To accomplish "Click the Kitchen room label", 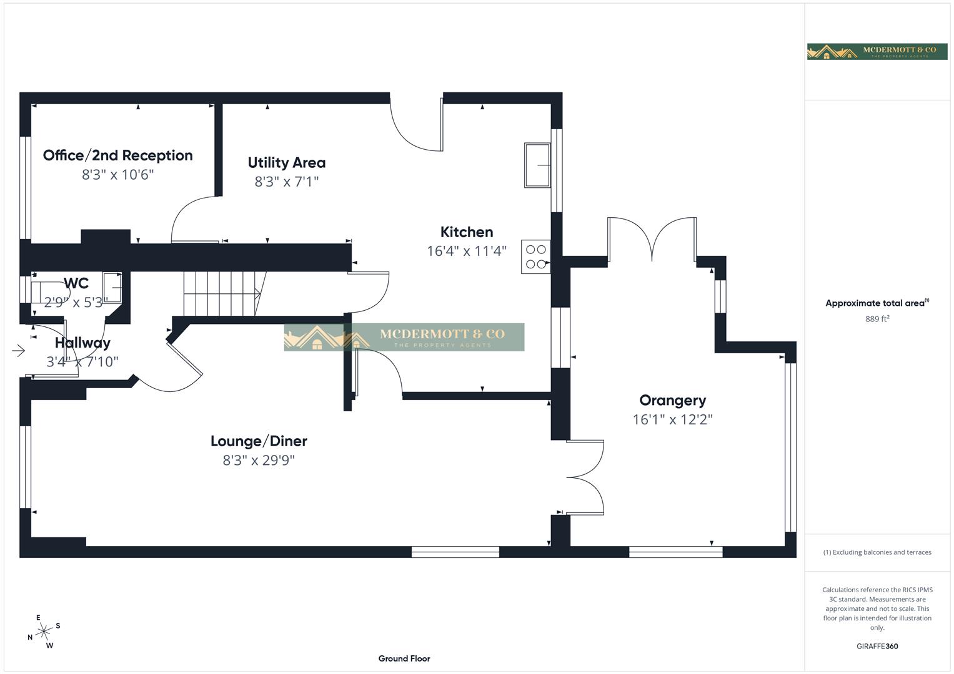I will [466, 232].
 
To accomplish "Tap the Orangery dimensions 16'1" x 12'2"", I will [672, 419].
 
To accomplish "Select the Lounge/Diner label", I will [259, 441].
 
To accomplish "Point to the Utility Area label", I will [286, 163].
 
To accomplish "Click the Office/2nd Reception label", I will [117, 155].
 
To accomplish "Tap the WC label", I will [76, 283].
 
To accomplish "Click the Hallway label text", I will [82, 343].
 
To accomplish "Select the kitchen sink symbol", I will [537, 165].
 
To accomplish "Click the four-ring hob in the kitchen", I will [535, 256].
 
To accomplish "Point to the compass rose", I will [43, 632].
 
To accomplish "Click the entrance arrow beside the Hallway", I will [18, 351].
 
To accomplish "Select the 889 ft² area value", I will [877, 319].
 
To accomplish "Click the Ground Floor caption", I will [404, 658].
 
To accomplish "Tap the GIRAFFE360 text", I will [877, 646].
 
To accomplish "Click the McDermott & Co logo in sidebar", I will [877, 52].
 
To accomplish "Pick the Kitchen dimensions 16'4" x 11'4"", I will [466, 251].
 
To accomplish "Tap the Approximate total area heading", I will [877, 303].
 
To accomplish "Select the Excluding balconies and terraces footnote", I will [877, 552].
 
